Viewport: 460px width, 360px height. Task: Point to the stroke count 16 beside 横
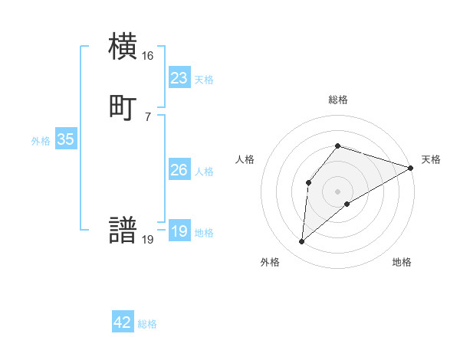click(x=147, y=56)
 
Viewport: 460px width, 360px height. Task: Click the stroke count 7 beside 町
click(x=147, y=116)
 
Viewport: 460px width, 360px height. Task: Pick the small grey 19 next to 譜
click(x=147, y=240)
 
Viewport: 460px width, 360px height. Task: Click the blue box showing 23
click(x=179, y=78)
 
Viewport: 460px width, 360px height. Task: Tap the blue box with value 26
click(x=179, y=170)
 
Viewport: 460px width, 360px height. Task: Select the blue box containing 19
click(x=179, y=231)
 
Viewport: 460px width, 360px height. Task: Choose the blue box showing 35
click(x=65, y=139)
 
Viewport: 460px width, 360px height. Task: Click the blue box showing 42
click(x=123, y=322)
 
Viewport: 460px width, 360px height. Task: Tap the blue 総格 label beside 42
click(x=147, y=324)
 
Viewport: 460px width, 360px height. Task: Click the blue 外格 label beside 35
click(x=41, y=141)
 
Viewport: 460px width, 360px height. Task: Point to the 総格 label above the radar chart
click(x=337, y=100)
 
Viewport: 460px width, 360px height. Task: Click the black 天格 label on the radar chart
click(x=431, y=159)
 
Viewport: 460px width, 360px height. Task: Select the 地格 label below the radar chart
click(x=402, y=262)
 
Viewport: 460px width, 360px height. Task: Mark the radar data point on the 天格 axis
click(x=411, y=168)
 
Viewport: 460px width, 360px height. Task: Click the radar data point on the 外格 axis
click(x=302, y=242)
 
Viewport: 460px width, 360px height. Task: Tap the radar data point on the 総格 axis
click(x=337, y=146)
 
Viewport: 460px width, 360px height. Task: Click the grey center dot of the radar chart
click(x=337, y=191)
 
